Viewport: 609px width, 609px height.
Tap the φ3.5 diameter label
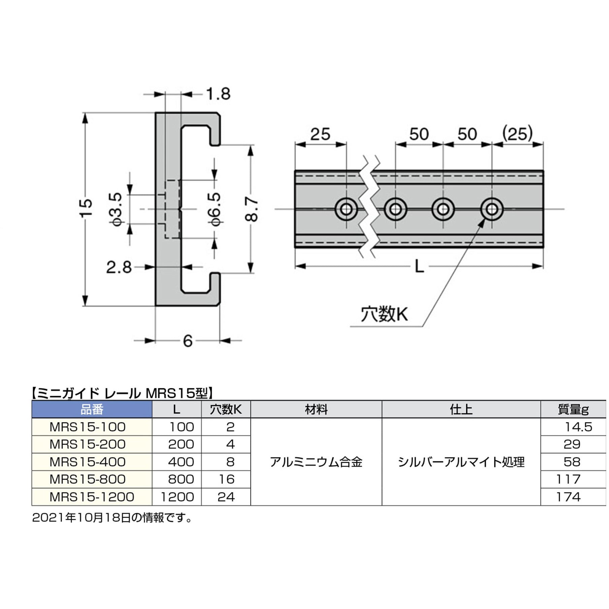[116, 209]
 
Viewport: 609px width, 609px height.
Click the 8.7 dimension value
[252, 209]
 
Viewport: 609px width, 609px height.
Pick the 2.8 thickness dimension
[119, 267]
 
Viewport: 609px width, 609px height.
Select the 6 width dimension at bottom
[188, 341]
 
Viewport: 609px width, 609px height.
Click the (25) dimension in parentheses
[517, 134]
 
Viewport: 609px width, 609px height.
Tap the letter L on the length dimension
[419, 267]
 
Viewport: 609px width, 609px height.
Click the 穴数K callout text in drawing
[384, 315]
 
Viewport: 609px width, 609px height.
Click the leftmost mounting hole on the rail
[346, 209]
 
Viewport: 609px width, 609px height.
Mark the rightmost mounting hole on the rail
[492, 209]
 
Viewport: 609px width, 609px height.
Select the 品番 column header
[92, 410]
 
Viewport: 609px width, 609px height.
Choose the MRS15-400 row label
[88, 462]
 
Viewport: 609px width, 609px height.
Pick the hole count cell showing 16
[226, 479]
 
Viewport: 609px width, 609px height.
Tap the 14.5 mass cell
[578, 427]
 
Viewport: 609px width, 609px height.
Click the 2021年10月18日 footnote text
[81, 518]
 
